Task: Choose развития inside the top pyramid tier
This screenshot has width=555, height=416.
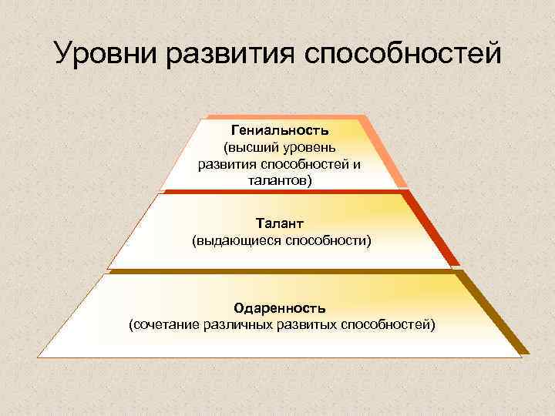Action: pos(228,164)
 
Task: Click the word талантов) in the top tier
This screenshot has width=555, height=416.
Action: pos(281,181)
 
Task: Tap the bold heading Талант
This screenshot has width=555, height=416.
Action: pos(281,223)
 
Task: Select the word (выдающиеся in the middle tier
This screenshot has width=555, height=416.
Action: pos(236,241)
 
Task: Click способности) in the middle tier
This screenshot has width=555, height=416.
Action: pos(329,241)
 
